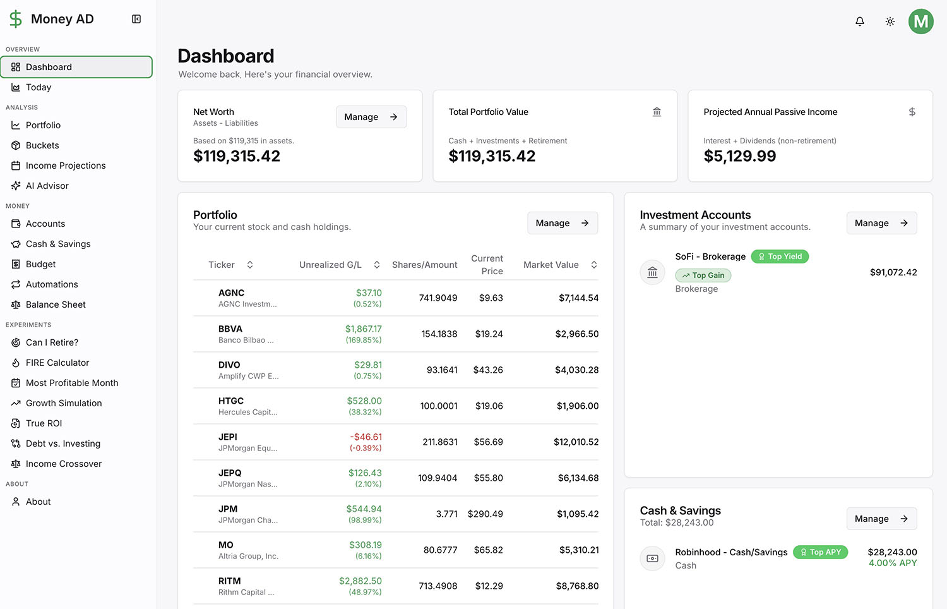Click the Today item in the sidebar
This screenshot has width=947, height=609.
[39, 87]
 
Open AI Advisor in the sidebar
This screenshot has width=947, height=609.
[47, 186]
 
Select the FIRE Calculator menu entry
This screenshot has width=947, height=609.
[57, 363]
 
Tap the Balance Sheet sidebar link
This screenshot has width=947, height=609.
[56, 304]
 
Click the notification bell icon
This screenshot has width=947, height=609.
[859, 21]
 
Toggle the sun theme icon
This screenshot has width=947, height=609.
[890, 21]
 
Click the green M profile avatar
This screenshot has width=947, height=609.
[920, 21]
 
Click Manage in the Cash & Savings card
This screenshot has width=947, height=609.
[881, 519]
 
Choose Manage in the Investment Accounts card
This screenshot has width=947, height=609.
[881, 223]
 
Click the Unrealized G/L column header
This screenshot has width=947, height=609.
[330, 265]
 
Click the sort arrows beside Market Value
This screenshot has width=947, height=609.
[593, 265]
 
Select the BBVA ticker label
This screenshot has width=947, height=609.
[230, 329]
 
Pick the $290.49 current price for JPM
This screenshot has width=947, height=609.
[485, 514]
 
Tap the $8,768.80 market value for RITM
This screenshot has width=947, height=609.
[577, 586]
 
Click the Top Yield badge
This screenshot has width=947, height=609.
[779, 256]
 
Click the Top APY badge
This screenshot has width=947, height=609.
[820, 552]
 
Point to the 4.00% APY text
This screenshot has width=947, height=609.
[892, 563]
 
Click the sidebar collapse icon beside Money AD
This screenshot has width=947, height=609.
[136, 19]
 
